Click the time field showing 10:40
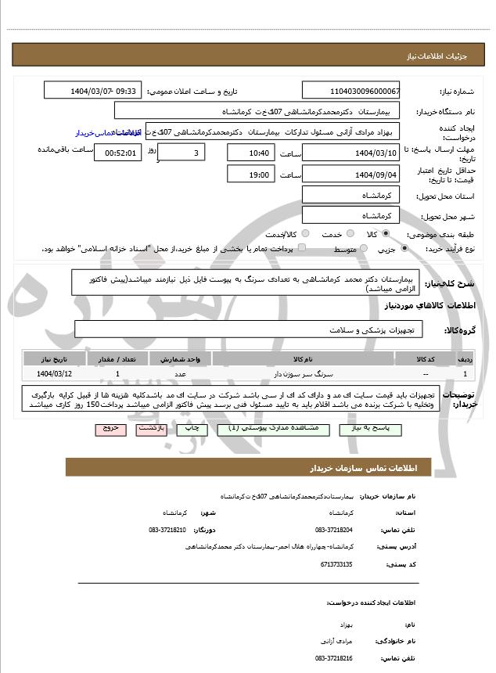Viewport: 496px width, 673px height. pos(251,153)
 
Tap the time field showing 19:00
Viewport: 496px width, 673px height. pos(251,175)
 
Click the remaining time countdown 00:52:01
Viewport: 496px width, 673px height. pos(117,153)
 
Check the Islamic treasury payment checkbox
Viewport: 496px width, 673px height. pos(302,248)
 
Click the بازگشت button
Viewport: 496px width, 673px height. pos(151,430)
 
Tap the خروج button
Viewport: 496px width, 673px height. pos(110,430)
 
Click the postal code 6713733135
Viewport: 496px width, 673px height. pos(336,563)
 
